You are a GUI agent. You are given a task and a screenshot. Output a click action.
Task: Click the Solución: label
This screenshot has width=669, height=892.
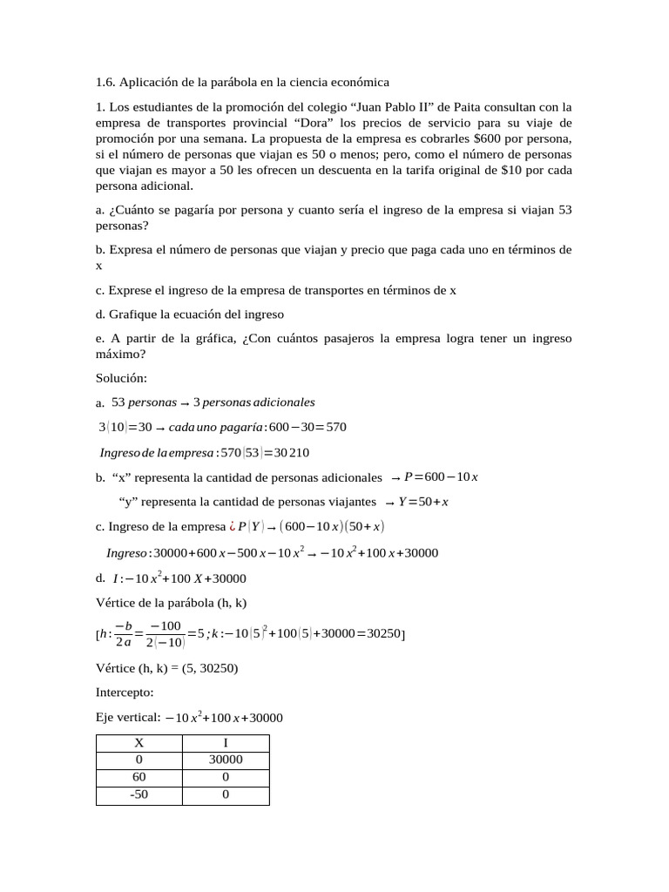[x=121, y=378]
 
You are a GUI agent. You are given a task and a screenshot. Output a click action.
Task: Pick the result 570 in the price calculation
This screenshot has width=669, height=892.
[x=334, y=427]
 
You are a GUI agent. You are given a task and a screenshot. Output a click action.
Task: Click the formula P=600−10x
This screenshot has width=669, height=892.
[x=442, y=477]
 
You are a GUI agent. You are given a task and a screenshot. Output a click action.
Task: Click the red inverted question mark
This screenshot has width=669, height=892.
[x=232, y=527]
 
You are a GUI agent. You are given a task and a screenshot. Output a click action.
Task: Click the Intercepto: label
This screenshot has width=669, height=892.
[x=125, y=693]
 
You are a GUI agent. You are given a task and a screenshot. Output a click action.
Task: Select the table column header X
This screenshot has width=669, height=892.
[x=139, y=743]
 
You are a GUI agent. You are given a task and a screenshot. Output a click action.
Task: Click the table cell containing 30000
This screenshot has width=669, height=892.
[x=226, y=760]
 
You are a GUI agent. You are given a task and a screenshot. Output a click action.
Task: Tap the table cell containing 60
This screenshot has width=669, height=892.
[x=139, y=778]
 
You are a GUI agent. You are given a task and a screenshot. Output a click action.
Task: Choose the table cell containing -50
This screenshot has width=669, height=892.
[x=139, y=795]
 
